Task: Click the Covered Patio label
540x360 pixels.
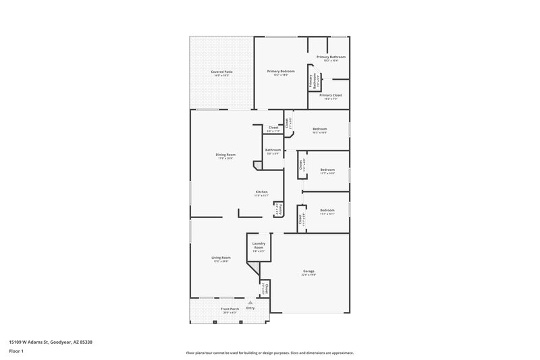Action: tap(221, 72)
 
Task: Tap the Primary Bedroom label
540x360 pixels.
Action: tap(281, 72)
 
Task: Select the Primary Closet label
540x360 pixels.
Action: tap(331, 96)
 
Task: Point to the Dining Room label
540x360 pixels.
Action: tap(225, 155)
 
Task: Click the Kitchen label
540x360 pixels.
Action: tap(263, 192)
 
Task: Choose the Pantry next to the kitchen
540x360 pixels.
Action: tap(277, 210)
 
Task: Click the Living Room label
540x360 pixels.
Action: tap(221, 257)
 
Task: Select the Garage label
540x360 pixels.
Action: tap(308, 272)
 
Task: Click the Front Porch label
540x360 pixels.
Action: tap(230, 309)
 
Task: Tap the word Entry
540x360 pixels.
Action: tap(250, 308)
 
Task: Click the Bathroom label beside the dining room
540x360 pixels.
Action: tap(273, 150)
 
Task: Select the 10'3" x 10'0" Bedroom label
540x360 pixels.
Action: tap(320, 129)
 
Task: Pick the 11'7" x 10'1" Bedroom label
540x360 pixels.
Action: tap(327, 210)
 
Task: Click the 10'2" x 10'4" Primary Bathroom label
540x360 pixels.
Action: tap(331, 57)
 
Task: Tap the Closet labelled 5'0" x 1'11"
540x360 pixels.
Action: tap(273, 128)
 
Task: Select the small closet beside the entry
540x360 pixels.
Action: tap(267, 288)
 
